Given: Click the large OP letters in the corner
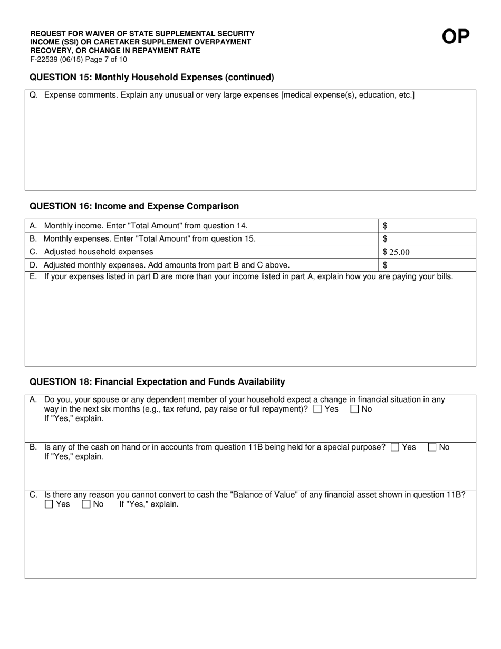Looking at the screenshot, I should coord(455,36).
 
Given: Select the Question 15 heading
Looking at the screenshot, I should coord(152,78).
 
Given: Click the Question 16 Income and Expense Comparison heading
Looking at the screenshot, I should coord(134,206).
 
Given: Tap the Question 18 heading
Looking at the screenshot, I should coord(157,381).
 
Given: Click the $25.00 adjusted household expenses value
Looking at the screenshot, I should coord(396,252).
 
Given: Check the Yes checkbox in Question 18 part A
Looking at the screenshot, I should coord(317,409).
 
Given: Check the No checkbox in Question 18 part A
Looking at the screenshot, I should coord(355,409).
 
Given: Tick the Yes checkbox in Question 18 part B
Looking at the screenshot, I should coord(395,447).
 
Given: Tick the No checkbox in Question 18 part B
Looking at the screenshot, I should coord(432,447).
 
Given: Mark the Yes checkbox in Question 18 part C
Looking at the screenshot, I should coord(49,504).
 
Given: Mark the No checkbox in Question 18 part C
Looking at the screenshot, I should coord(86,504).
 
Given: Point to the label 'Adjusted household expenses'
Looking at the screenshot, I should coord(99,252).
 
